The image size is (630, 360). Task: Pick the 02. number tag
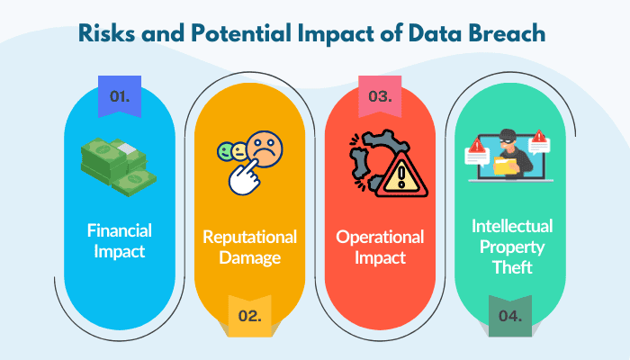[x=249, y=316]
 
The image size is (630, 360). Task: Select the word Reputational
[x=249, y=237]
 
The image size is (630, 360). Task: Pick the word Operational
[x=381, y=237]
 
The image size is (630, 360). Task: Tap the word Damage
[x=249, y=258]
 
